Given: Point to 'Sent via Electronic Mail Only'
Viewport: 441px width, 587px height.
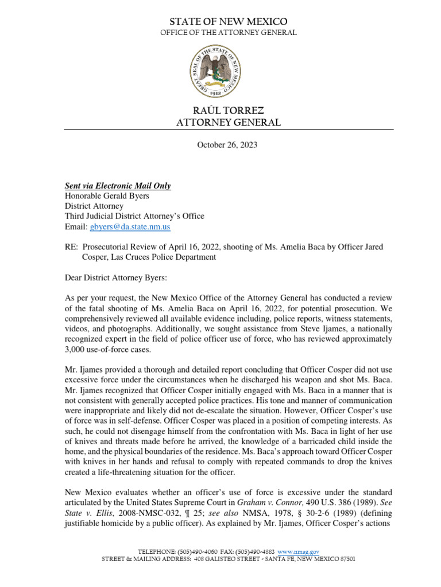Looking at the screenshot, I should [x=117, y=186].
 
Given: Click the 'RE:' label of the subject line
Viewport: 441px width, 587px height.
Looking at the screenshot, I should [x=71, y=247].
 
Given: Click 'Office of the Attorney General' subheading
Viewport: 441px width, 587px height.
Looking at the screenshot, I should [x=229, y=33].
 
